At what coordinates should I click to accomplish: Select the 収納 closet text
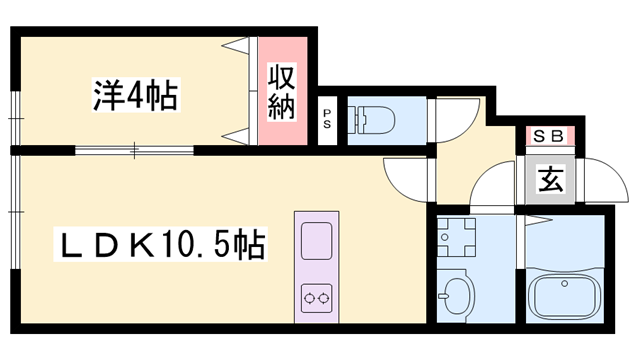point(282,92)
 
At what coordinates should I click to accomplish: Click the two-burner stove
point(317,296)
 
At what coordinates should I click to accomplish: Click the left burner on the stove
point(309,296)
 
